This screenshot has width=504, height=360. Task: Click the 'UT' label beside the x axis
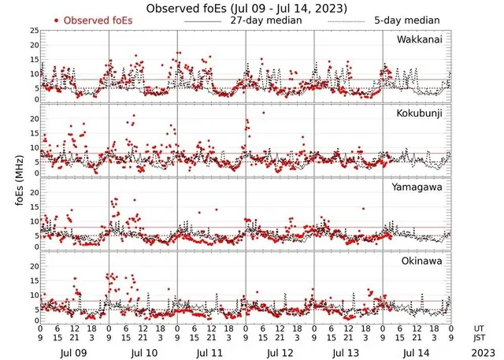click(x=477, y=328)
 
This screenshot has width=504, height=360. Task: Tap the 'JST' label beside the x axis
click(x=479, y=338)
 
